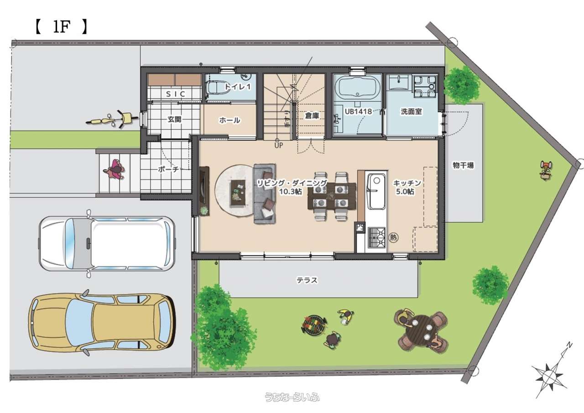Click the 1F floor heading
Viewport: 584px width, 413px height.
click(x=61, y=27)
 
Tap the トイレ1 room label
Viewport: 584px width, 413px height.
click(x=238, y=87)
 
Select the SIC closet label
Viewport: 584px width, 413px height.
click(x=176, y=94)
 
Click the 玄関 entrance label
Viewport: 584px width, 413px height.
click(x=174, y=119)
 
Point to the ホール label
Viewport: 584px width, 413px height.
click(x=229, y=120)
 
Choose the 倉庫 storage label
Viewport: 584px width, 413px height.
click(x=312, y=115)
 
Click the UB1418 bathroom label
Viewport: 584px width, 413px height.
click(x=358, y=111)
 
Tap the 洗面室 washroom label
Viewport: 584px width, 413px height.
click(x=411, y=111)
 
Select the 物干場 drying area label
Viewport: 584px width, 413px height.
click(x=463, y=165)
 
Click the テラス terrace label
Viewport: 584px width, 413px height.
click(x=307, y=280)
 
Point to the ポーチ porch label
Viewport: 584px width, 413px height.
click(x=168, y=169)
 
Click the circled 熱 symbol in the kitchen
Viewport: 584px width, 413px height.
click(x=394, y=237)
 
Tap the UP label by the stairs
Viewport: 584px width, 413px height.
click(x=278, y=145)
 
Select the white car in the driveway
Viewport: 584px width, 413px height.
click(x=107, y=243)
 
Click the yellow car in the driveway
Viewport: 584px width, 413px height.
click(x=102, y=323)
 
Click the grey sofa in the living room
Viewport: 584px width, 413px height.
click(x=265, y=193)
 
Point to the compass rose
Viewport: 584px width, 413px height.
click(x=550, y=375)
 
